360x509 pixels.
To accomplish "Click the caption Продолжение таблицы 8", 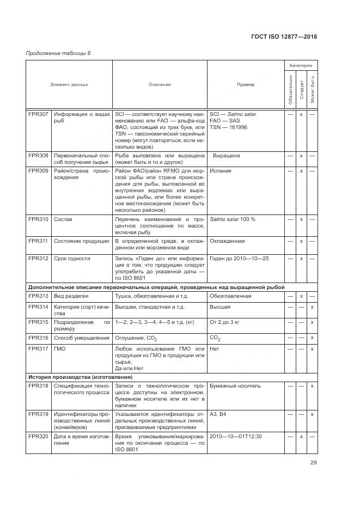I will pyautogui.click(x=59, y=53).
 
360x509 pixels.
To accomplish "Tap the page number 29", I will pyautogui.click(x=313, y=463).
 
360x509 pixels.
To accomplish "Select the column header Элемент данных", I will pyautogui.click(x=69, y=84).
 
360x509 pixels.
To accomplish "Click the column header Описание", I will pyautogui.click(x=160, y=84).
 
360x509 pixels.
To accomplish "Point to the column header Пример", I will pyautogui.click(x=245, y=84).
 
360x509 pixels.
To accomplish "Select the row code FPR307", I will pyautogui.click(x=38, y=114).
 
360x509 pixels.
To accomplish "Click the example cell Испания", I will pyautogui.click(x=221, y=170).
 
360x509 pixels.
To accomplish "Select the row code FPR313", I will pyautogui.click(x=38, y=296).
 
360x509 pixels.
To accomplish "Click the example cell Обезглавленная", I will pyautogui.click(x=230, y=296).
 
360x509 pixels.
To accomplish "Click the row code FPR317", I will pyautogui.click(x=38, y=348).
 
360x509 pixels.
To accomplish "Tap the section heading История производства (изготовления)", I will pyautogui.click(x=81, y=377).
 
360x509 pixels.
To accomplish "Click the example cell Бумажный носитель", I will pyautogui.click(x=235, y=385).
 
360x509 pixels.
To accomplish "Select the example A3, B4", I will pyautogui.click(x=219, y=414).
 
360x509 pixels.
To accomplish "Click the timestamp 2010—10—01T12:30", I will pyautogui.click(x=236, y=436).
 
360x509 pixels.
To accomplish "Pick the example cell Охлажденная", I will pyautogui.click(x=227, y=241).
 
